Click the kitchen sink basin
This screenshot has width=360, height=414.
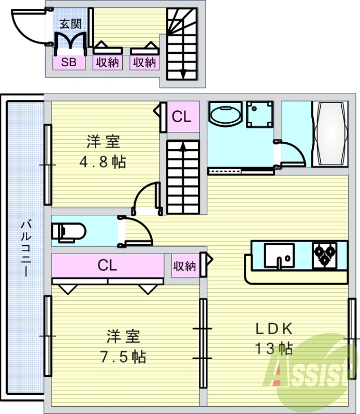(279, 255)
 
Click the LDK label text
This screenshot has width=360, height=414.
(274, 329)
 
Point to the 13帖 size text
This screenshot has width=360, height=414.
(273, 348)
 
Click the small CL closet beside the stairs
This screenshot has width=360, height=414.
(181, 117)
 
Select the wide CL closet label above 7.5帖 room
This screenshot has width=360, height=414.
(107, 266)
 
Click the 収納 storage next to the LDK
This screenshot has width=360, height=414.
(184, 267)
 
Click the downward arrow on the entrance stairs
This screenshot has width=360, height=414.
(183, 72)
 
